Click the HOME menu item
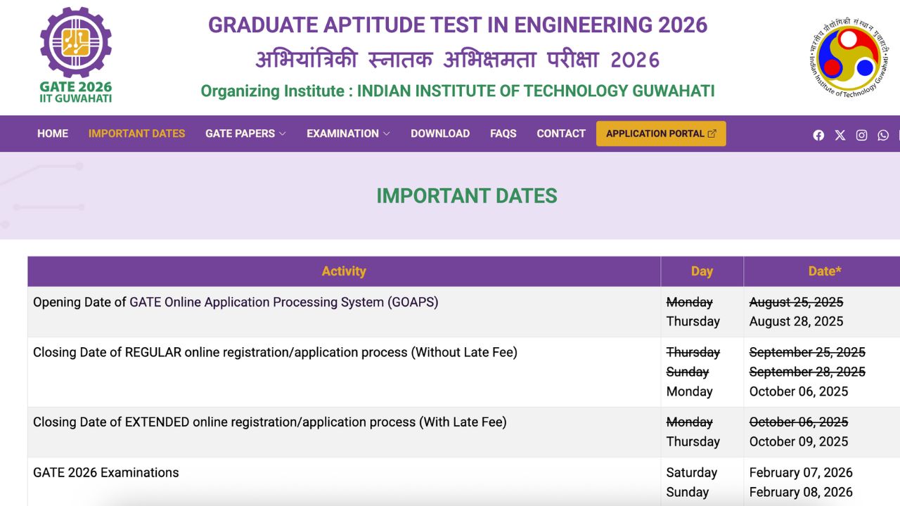[x=53, y=134]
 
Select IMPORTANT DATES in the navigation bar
[x=136, y=134]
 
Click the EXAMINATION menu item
[x=348, y=134]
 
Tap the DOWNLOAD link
[x=440, y=134]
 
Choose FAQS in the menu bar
[x=503, y=134]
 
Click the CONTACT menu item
[x=561, y=134]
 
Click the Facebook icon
[x=818, y=135]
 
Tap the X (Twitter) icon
[x=840, y=135]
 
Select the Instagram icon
[x=861, y=135]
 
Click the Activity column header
[x=344, y=271]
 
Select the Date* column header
[x=825, y=271]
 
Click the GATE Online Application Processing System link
[x=283, y=302]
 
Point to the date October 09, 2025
[x=799, y=441]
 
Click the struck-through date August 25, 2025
[x=796, y=302]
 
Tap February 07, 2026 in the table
[x=801, y=472]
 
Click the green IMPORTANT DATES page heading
[x=467, y=196]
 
